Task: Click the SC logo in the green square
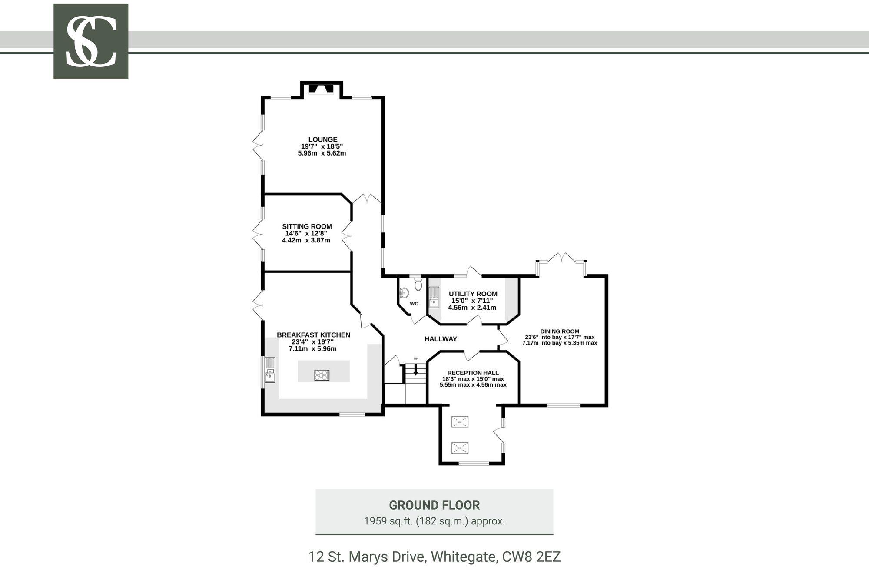91,41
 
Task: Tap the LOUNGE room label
323,139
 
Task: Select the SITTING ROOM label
307,226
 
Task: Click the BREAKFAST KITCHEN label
313,335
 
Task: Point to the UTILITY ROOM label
473,294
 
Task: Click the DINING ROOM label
560,331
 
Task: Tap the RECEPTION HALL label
473,373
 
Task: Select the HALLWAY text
441,339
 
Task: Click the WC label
414,304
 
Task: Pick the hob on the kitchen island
322,375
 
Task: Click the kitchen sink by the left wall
270,370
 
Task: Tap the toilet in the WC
418,284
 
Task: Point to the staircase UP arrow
416,370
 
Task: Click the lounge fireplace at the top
322,89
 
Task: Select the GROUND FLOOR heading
434,505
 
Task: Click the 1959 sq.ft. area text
434,521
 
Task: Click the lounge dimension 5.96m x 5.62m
322,153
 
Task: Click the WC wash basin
404,292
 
